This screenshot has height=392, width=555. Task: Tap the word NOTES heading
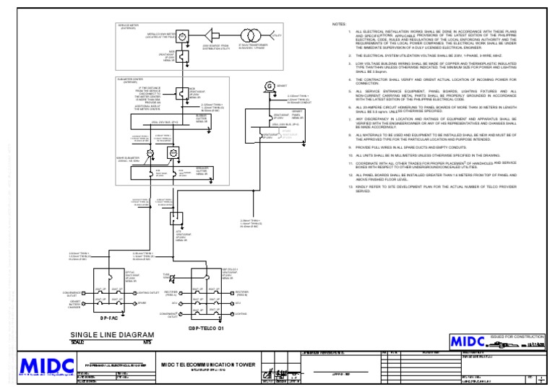click(339, 24)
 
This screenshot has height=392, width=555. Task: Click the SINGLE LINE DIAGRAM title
click(112, 334)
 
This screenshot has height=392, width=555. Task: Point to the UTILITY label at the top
click(277, 34)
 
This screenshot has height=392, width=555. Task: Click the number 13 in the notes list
click(350, 186)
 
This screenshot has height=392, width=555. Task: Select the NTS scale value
click(147, 341)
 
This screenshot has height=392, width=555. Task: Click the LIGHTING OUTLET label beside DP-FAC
click(147, 294)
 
